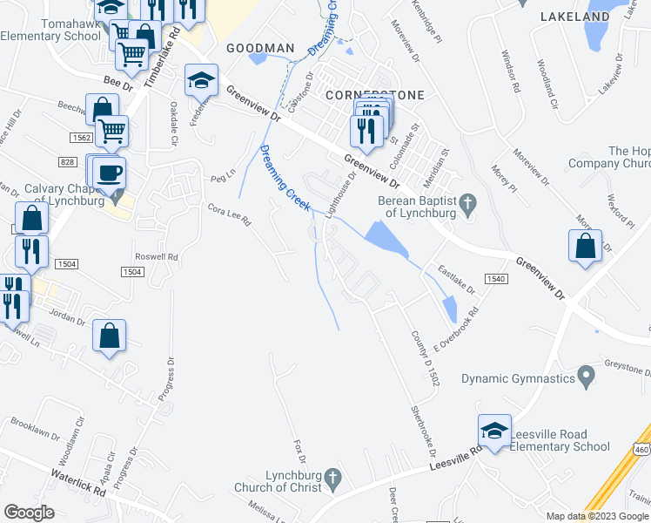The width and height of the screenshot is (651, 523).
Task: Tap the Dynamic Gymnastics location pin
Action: point(587,378)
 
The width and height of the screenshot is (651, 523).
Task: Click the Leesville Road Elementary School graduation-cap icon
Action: point(493,431)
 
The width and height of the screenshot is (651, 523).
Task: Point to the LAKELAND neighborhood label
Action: point(574,17)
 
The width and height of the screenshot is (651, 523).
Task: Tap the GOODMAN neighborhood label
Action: point(260,47)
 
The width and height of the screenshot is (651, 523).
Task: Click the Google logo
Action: point(29,513)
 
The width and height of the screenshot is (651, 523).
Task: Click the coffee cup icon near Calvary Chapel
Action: point(109,171)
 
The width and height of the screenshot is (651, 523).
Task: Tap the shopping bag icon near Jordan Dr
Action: point(109,336)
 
